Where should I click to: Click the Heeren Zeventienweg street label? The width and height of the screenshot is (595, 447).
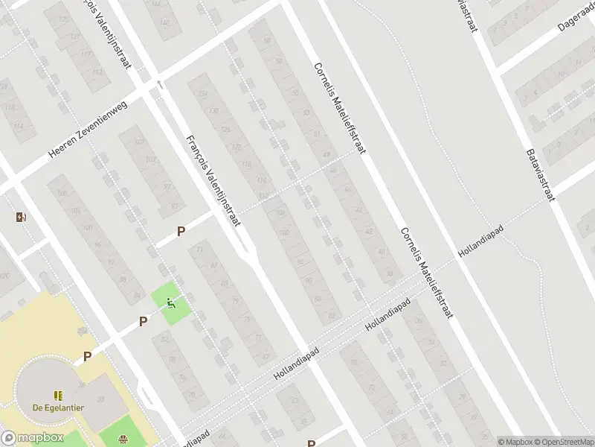[x=88, y=129]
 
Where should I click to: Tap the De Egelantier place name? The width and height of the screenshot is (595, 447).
[x=58, y=408]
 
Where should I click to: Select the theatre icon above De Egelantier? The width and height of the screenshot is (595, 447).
[x=57, y=395]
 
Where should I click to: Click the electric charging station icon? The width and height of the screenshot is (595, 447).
[x=20, y=218]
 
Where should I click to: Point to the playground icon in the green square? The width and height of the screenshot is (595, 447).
[x=171, y=302]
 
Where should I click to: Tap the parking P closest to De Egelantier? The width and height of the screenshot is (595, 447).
[x=87, y=357]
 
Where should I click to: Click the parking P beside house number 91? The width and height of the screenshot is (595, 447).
[x=181, y=232]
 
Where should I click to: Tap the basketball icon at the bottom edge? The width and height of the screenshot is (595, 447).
[x=121, y=440]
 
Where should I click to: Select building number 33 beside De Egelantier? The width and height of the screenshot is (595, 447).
[x=102, y=399]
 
